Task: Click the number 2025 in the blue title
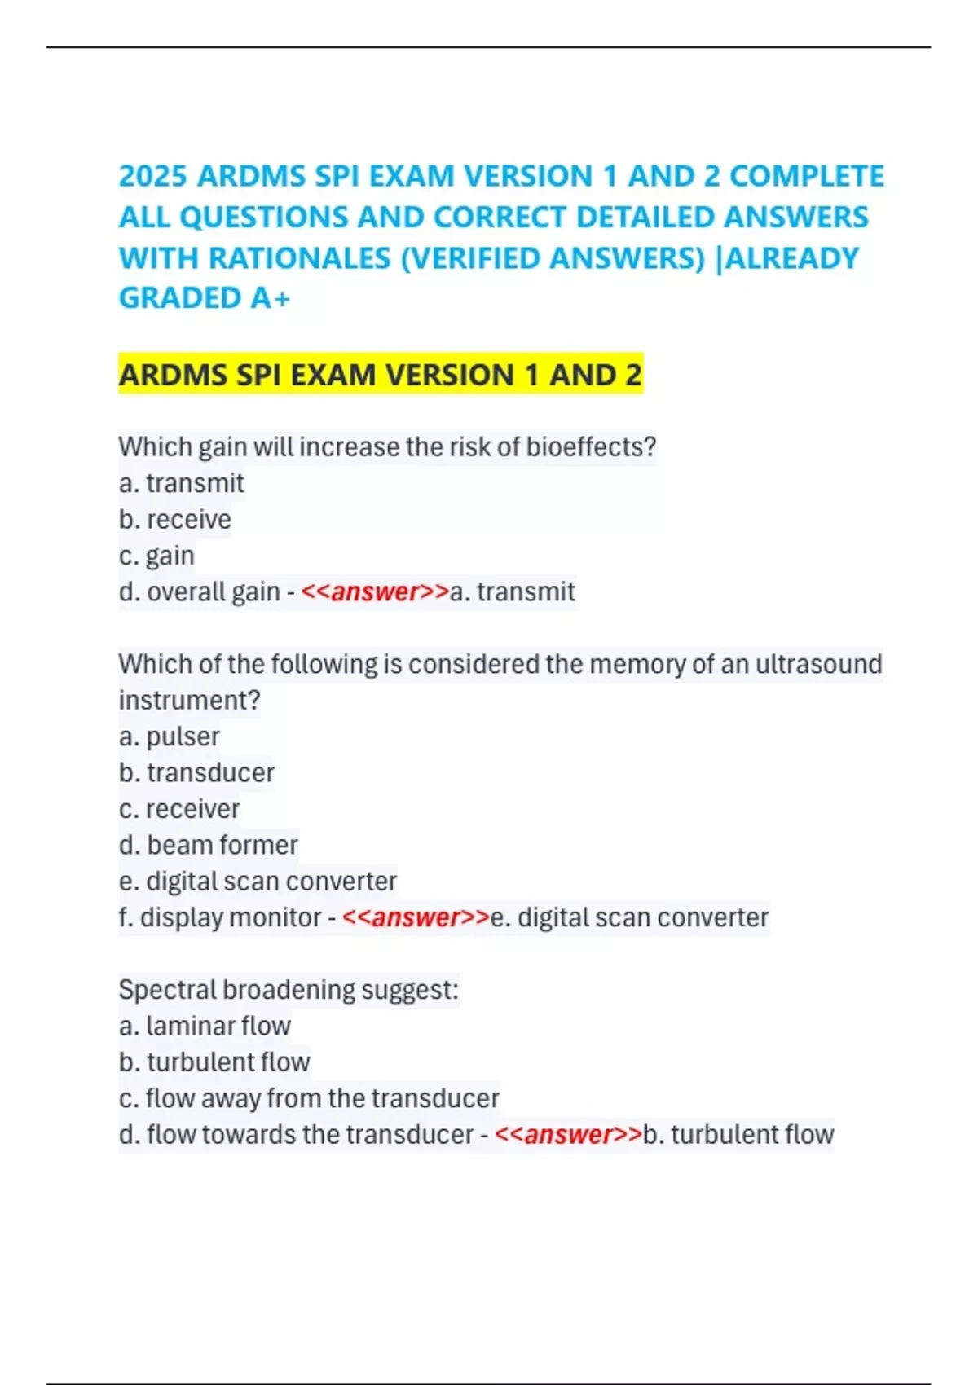[x=153, y=176]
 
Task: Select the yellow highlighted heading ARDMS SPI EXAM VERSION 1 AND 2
[x=380, y=375]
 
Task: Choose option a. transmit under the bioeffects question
[x=181, y=483]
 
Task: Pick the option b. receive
[x=174, y=519]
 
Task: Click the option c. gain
[x=156, y=556]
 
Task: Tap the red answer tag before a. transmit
[x=375, y=591]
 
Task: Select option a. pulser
[x=169, y=736]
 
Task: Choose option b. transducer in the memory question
[x=196, y=772]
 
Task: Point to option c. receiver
[x=179, y=809]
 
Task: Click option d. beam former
[x=208, y=845]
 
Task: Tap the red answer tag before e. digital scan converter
[x=416, y=917]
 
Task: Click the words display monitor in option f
[x=231, y=917]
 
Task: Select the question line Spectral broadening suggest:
[x=289, y=990]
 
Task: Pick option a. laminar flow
[x=205, y=1026]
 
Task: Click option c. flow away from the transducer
[x=308, y=1098]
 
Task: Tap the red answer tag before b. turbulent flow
[x=568, y=1134]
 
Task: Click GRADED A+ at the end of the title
[x=205, y=298]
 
